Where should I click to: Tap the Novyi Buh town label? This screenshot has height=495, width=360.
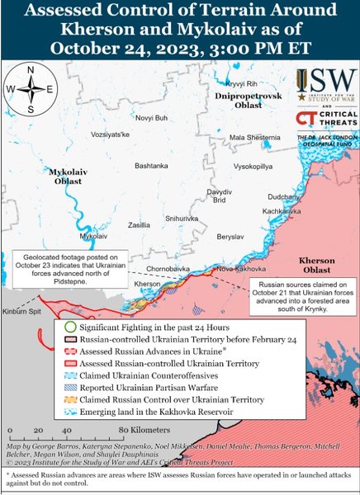click(150, 118)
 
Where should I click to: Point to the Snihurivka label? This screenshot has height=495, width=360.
click(182, 218)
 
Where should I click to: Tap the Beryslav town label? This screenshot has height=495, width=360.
click(230, 236)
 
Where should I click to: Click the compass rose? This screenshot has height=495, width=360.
click(31, 89)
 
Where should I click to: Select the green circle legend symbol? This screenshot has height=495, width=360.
click(70, 328)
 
